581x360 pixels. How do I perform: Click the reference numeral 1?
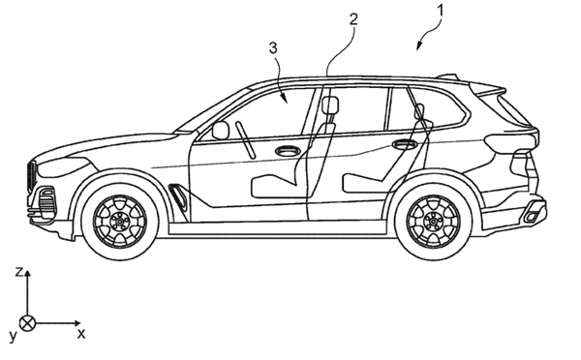(440, 10)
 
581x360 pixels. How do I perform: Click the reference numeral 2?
(353, 19)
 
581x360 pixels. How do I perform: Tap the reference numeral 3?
(273, 47)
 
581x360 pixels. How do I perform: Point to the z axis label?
(18, 272)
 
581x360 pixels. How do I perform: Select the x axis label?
(81, 334)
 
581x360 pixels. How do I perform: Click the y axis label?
(14, 336)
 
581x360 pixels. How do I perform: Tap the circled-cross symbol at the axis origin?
(27, 323)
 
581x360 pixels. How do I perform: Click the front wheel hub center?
(120, 222)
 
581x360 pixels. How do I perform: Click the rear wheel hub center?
(433, 222)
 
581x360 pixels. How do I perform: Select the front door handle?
(288, 150)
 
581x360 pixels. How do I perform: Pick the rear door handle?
(405, 144)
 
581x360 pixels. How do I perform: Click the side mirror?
(221, 131)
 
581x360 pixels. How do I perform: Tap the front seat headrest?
(330, 105)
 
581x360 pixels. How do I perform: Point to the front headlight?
(64, 166)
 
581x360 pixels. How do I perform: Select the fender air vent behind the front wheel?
(178, 195)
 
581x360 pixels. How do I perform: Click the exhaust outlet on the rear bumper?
(533, 214)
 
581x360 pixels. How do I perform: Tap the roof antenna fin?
(448, 76)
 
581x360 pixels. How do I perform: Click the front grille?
(32, 177)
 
